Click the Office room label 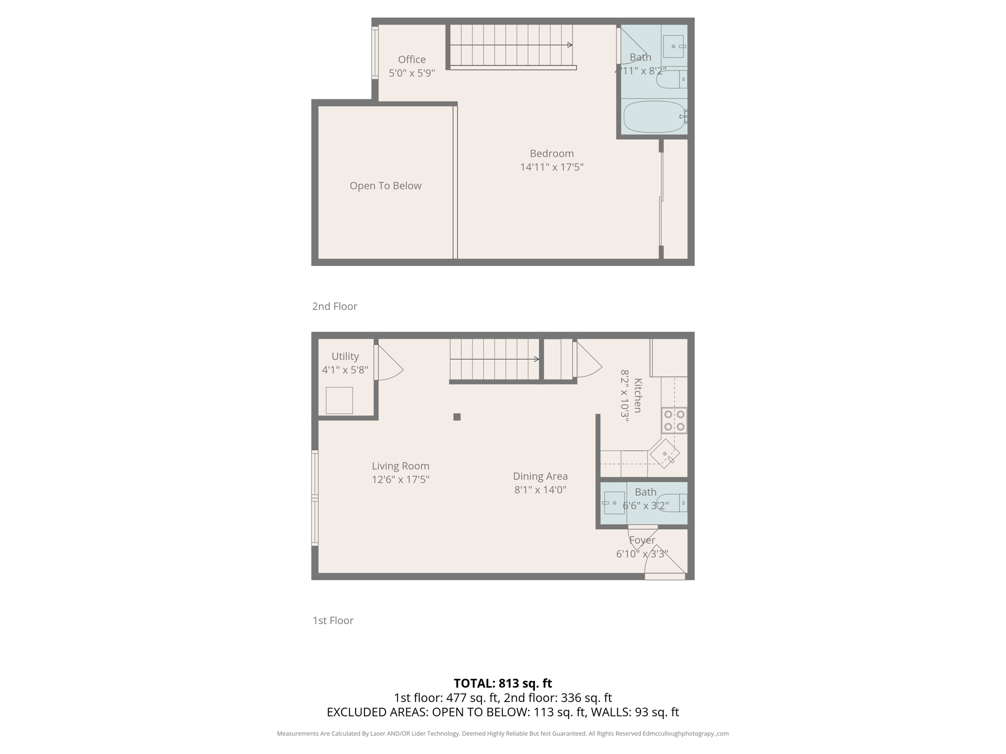[412, 59]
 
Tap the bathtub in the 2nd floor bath [654, 117]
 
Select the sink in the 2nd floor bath [673, 47]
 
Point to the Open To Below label [386, 186]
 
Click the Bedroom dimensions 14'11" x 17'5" [552, 167]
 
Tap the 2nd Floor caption [335, 306]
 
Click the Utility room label [345, 356]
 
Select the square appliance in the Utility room [339, 401]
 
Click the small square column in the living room [457, 417]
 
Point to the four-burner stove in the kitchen [674, 421]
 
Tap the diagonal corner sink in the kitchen [665, 454]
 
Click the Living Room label [400, 466]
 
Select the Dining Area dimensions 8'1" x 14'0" [540, 489]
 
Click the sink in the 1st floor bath [614, 503]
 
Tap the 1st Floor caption [333, 620]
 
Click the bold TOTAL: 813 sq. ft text [503, 683]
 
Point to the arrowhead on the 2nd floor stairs [570, 45]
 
